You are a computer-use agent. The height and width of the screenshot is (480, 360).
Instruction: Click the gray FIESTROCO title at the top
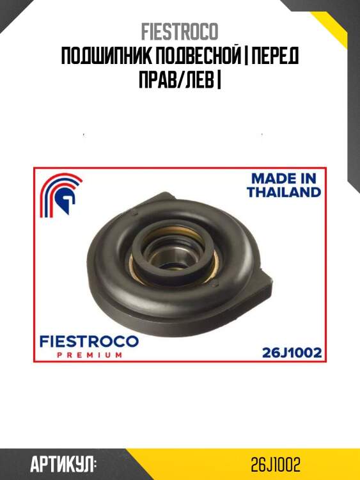(180, 31)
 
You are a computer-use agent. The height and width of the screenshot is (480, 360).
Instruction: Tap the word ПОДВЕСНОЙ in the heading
(199, 56)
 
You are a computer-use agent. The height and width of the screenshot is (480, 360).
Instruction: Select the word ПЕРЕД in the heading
(275, 56)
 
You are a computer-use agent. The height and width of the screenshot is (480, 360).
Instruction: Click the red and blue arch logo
(61, 195)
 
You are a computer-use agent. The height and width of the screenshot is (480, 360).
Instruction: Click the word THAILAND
(284, 192)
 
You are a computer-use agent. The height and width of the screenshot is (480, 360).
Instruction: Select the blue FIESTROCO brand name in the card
(89, 342)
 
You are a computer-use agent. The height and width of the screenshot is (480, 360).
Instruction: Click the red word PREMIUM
(90, 355)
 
